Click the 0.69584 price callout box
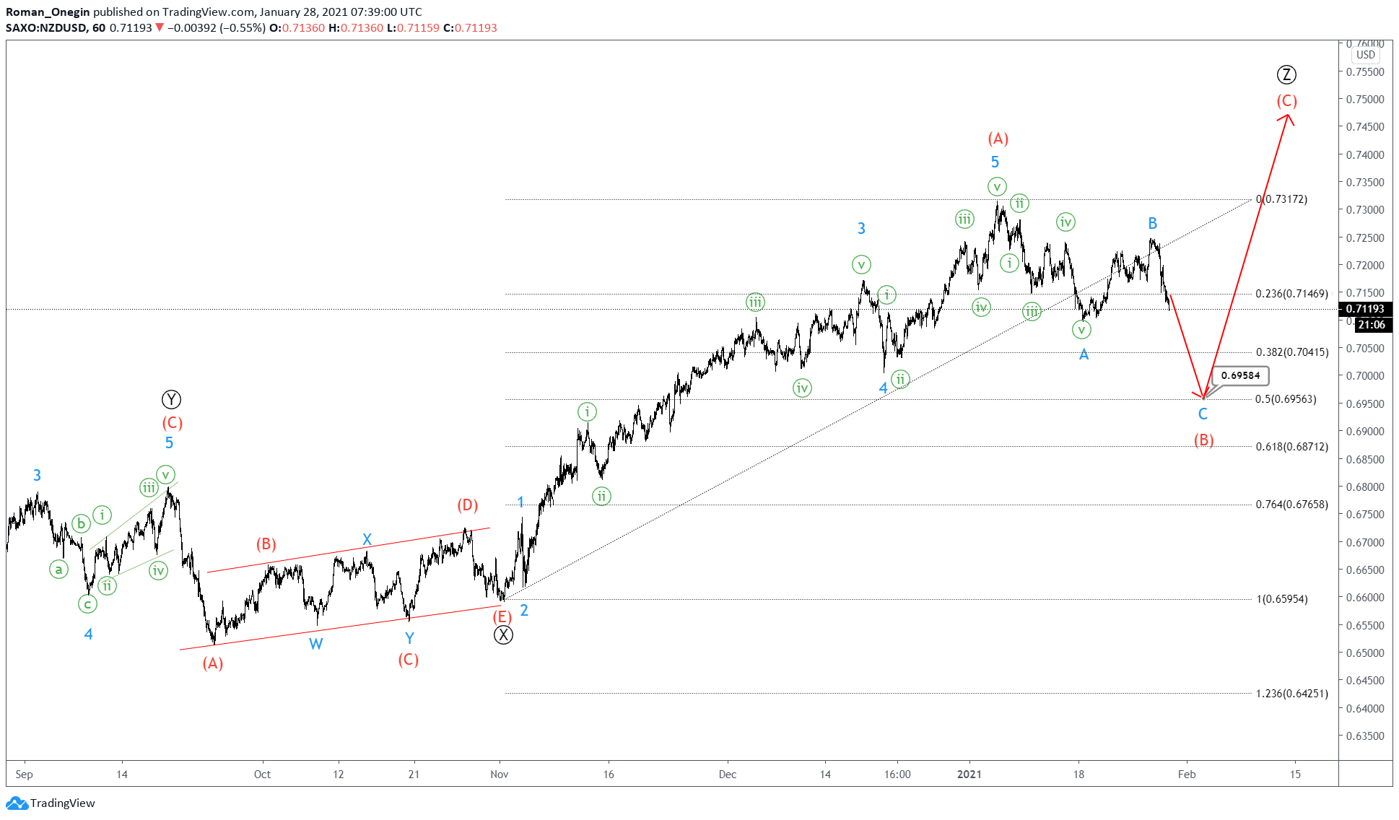click(x=1240, y=375)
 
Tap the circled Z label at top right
click(x=1286, y=74)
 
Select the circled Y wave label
click(x=171, y=399)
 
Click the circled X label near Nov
click(x=503, y=635)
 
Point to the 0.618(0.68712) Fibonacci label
click(x=1291, y=447)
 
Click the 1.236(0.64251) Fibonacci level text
click(x=1291, y=694)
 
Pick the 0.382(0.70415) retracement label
click(x=1291, y=352)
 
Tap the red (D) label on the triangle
click(x=468, y=505)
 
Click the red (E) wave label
click(x=502, y=617)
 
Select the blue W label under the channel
click(x=315, y=644)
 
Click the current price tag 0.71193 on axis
click(x=1365, y=309)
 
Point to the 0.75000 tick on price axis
click(x=1365, y=100)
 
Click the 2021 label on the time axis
click(x=969, y=775)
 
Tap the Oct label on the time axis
click(x=262, y=775)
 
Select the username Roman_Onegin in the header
click(x=48, y=12)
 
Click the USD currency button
click(x=1365, y=55)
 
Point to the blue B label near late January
click(x=1153, y=224)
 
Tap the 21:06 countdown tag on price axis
click(x=1371, y=325)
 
